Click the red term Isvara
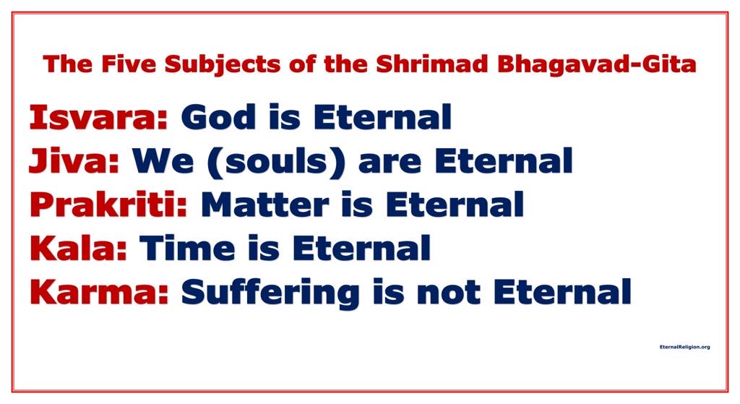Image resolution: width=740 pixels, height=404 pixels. [98, 117]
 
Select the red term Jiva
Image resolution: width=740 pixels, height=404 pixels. [74, 161]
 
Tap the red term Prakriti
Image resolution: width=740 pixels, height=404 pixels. [108, 204]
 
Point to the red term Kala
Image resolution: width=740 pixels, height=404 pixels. [78, 248]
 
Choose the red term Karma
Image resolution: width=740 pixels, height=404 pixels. [99, 292]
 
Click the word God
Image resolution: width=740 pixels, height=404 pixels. [218, 117]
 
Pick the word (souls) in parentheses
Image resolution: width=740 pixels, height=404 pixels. [276, 162]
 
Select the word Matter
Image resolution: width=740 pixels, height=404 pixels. [264, 205]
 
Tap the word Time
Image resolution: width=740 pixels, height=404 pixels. [187, 248]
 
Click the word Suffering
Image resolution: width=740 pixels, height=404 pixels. [270, 293]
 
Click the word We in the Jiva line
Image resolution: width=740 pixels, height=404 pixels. [163, 161]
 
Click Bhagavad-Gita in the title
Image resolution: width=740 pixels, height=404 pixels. [596, 64]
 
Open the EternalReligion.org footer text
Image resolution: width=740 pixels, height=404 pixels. [685, 347]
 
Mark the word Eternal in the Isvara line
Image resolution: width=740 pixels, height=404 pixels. [382, 117]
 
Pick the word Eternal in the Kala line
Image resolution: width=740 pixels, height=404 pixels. [361, 248]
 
